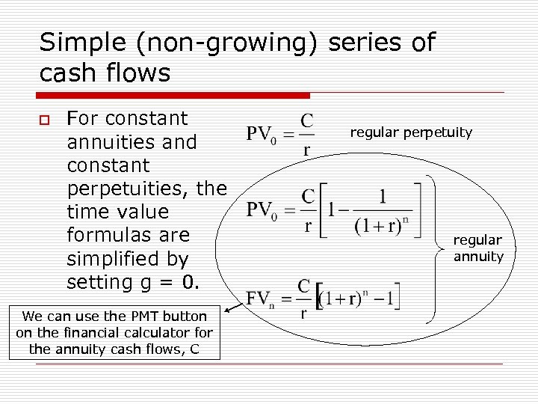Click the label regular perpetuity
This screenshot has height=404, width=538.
tap(411, 132)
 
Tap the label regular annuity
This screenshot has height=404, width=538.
tap(478, 248)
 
